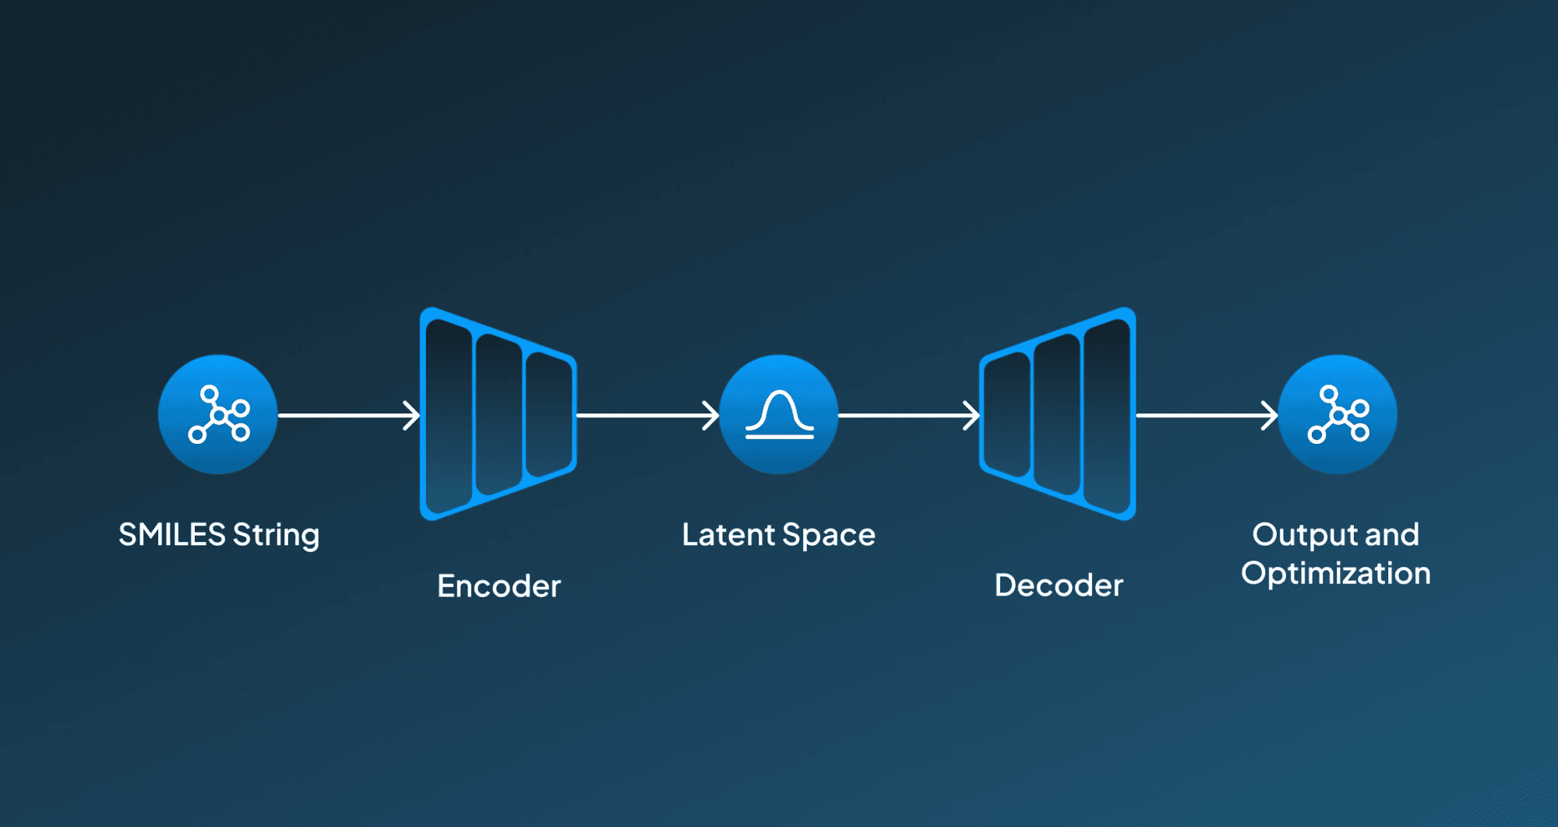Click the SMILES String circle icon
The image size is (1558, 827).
point(218,414)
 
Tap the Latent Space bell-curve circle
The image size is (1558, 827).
point(779,414)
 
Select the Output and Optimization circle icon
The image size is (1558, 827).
point(1338,414)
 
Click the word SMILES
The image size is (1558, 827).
point(172,535)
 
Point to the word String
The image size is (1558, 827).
point(277,537)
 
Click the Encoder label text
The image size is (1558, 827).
point(499,586)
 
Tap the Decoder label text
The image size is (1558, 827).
point(1059,586)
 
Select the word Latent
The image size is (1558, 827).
point(728,535)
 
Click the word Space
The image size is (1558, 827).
point(829,537)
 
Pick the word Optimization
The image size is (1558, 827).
point(1336,575)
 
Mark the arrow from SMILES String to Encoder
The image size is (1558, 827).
point(349,415)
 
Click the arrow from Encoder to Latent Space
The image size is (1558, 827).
point(647,415)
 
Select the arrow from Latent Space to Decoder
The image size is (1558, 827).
point(909,415)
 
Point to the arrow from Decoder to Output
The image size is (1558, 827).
point(1207,415)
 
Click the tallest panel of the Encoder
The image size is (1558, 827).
point(449,414)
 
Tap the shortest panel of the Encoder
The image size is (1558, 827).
point(549,414)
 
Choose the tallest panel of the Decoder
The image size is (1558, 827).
point(1107,414)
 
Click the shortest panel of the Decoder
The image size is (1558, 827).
point(1007,414)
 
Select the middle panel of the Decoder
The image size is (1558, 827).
point(1057,414)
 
